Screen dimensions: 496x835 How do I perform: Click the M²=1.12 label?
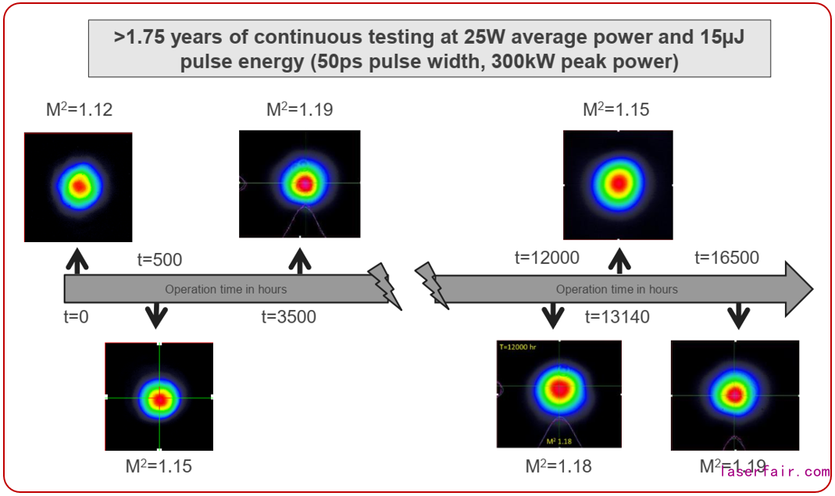click(x=78, y=109)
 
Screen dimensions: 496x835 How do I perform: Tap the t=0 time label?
click(x=77, y=317)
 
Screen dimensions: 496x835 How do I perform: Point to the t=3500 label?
click(x=288, y=317)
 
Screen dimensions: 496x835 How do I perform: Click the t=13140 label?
click(x=618, y=317)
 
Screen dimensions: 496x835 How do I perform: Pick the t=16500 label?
click(x=726, y=258)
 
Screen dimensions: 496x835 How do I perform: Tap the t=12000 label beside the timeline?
click(x=547, y=258)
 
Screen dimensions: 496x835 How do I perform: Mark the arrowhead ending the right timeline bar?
click(x=797, y=288)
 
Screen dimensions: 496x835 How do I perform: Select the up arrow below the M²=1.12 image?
click(x=76, y=259)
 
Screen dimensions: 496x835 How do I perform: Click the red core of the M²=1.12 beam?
click(x=79, y=187)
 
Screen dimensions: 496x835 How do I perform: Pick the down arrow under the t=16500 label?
click(x=738, y=316)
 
